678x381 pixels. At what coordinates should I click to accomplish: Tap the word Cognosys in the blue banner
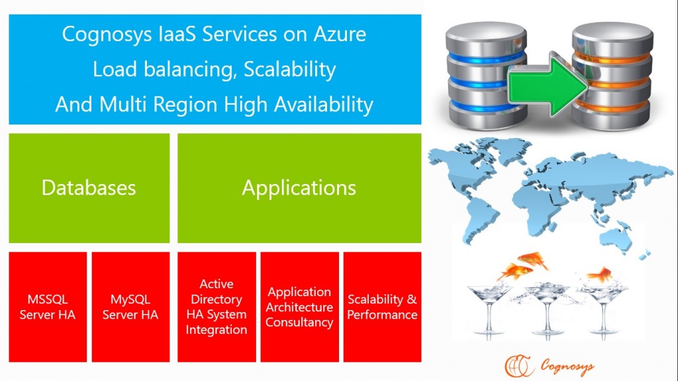(107, 35)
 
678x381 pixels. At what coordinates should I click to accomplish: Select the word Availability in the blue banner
(324, 105)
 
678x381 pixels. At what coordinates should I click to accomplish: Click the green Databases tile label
(89, 188)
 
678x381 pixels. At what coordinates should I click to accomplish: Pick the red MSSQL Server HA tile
(48, 307)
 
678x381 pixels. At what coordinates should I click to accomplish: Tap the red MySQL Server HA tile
(130, 307)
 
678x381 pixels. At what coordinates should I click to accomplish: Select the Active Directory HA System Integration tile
(217, 307)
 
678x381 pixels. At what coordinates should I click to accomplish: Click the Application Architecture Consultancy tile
(300, 307)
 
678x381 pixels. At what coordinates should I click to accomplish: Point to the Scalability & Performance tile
(382, 307)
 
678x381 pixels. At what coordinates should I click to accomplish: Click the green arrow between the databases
(548, 84)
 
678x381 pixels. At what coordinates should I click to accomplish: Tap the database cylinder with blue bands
(487, 76)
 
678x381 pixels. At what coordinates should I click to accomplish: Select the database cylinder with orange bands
(612, 76)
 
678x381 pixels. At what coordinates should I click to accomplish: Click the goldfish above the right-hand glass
(600, 274)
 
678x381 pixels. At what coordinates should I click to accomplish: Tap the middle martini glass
(546, 308)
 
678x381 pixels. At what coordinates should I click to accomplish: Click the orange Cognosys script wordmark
(567, 366)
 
